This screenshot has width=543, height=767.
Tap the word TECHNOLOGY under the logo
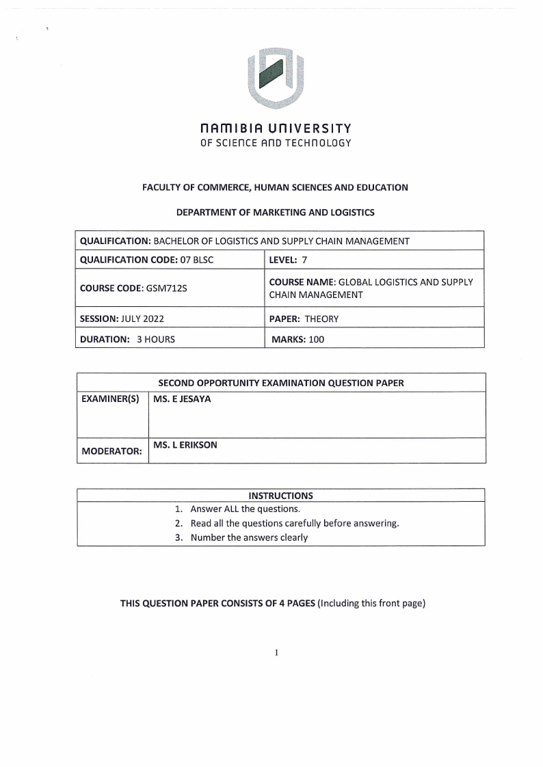click(317, 143)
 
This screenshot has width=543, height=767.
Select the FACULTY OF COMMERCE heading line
click(275, 187)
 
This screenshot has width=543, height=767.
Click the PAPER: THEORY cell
click(304, 319)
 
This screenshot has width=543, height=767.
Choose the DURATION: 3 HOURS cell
click(128, 339)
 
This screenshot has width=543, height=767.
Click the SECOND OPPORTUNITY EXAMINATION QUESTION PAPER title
click(281, 383)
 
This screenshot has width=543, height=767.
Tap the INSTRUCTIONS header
click(281, 496)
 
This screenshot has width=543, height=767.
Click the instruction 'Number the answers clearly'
click(249, 537)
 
